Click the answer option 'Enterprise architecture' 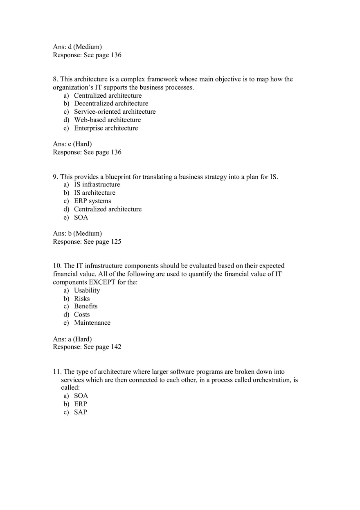click(106, 128)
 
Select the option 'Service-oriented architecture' click(115, 112)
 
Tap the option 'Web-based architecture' click(107, 120)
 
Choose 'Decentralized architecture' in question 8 click(111, 103)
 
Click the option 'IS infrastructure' click(97, 184)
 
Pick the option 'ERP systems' click(92, 201)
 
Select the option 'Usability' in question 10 click(87, 290)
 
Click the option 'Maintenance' click(92, 323)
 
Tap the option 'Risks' click(82, 299)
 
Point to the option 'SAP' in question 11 click(81, 412)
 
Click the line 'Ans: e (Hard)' click(72, 144)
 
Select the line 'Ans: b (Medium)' click(77, 234)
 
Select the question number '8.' click(55, 79)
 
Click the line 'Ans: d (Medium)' click(77, 47)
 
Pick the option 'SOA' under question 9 click(81, 217)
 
